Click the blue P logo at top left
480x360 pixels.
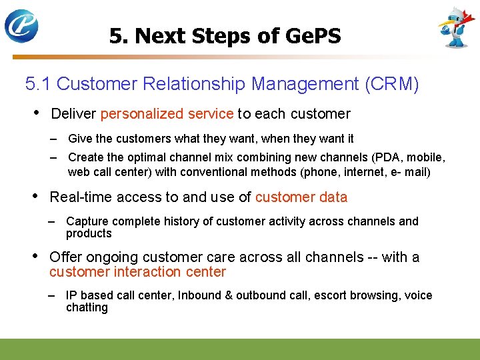point(21,26)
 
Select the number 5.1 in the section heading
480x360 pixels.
point(39,84)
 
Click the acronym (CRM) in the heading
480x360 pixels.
point(391,84)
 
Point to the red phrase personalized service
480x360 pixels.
point(167,114)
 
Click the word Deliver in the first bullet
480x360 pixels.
point(73,114)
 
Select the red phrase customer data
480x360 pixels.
point(301,197)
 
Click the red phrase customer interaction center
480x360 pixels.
point(137,272)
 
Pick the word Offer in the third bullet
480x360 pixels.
point(65,257)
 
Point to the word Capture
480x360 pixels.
point(88,221)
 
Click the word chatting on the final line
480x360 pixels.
point(87,307)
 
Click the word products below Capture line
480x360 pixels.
point(89,233)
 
